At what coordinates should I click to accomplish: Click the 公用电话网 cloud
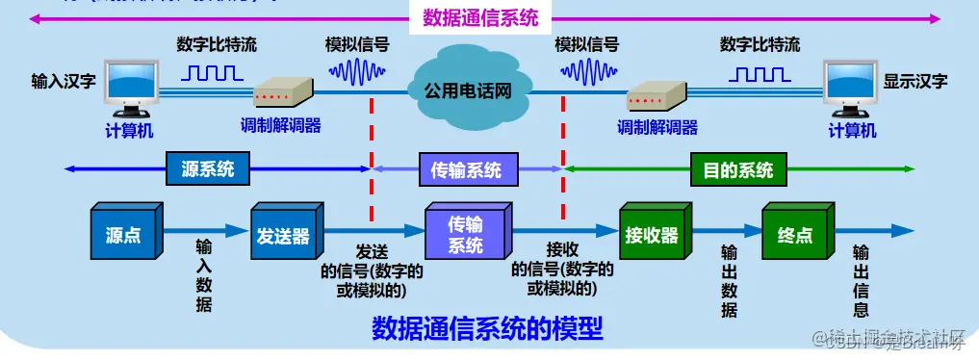coord(467,90)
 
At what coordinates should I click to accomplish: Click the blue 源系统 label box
coord(208,170)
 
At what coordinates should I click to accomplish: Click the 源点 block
coord(122,233)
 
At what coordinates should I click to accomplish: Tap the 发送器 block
coord(283,233)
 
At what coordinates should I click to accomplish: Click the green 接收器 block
coord(652,234)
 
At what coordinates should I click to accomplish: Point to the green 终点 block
coord(794,234)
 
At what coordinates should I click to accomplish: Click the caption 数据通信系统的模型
coord(487,329)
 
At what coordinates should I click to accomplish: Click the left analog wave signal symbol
coord(358,71)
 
